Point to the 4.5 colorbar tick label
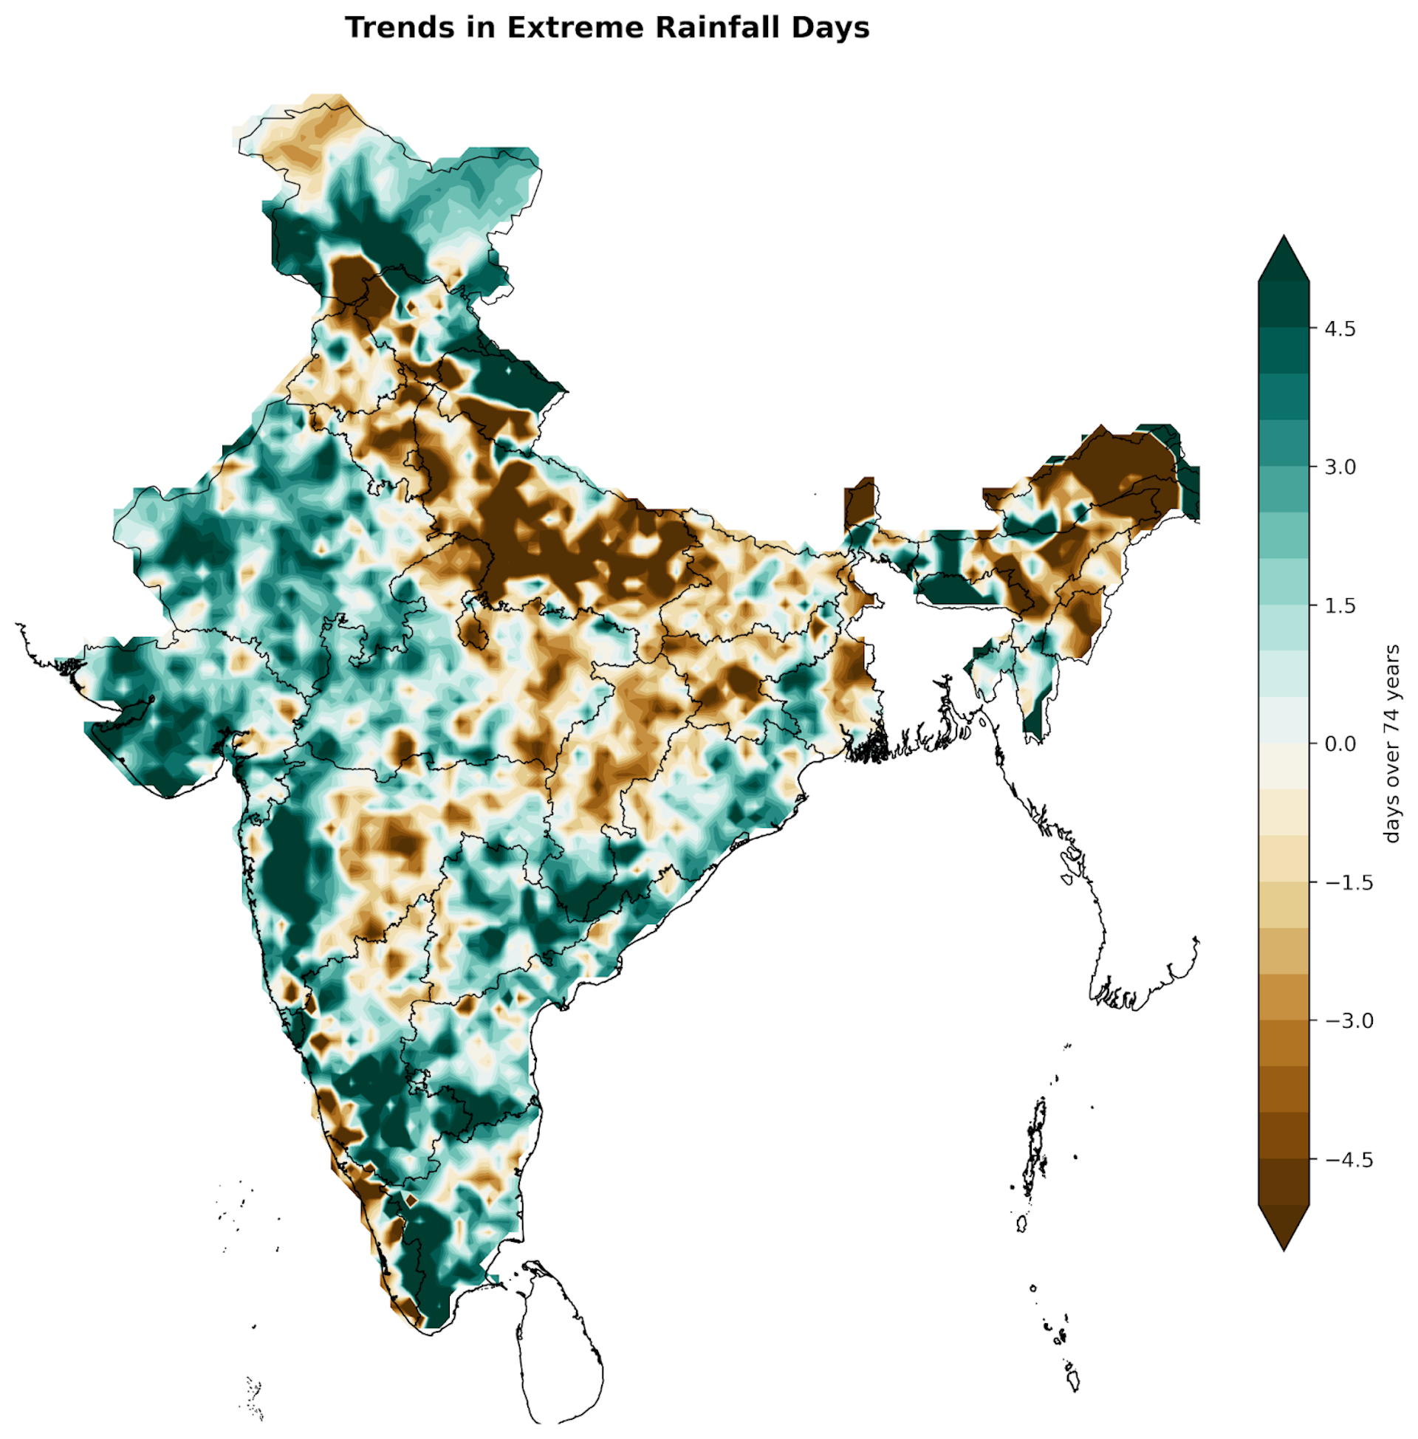click(1340, 329)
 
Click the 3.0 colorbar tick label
click(1340, 467)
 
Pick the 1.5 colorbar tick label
click(1340, 606)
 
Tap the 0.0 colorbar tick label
click(1340, 744)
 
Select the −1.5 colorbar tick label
click(1349, 883)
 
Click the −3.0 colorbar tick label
click(1349, 1021)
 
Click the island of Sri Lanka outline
click(558, 1340)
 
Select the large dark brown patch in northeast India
click(1117, 469)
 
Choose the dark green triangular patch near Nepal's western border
click(514, 380)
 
